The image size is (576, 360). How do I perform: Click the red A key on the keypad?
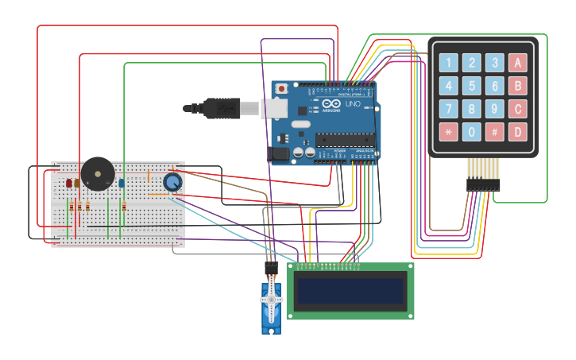pos(518,63)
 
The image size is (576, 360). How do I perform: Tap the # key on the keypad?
pos(495,132)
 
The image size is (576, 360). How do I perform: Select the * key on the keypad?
pos(449,132)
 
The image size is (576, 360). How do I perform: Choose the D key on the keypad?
pos(518,132)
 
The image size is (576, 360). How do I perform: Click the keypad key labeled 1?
pos(449,63)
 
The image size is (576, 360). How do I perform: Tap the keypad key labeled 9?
pos(495,109)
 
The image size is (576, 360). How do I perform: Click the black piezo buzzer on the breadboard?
pos(98,173)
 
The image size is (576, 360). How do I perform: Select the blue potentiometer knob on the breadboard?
pos(172,182)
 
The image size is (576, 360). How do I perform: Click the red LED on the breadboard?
pos(69,184)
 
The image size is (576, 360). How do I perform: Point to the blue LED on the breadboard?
pos(122,183)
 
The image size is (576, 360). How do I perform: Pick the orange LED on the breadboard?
pos(77,184)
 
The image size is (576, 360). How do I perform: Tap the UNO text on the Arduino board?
pos(353,104)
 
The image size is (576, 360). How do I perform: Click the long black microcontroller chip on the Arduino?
pos(344,139)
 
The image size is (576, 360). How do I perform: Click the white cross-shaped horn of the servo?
pos(271,300)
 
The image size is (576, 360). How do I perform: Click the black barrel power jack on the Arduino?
pos(280,153)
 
